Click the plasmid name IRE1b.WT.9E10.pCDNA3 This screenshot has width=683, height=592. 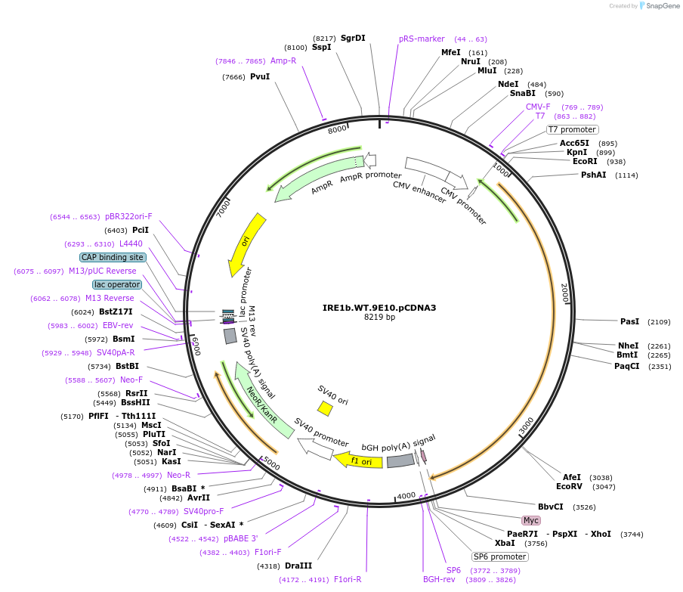tap(379, 308)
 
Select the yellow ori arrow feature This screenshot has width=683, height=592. tap(247, 244)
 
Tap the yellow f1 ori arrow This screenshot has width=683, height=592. tap(359, 460)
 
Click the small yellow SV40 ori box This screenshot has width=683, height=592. tap(325, 408)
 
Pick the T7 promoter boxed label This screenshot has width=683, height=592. tap(572, 129)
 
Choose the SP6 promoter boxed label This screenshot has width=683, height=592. tap(500, 556)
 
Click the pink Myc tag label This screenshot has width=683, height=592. tap(531, 520)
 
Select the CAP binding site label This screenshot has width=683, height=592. tap(112, 257)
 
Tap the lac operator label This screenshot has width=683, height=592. tap(116, 284)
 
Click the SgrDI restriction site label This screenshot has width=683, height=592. tap(353, 38)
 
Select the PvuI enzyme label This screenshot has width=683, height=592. tap(260, 76)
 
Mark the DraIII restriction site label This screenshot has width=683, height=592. tap(298, 566)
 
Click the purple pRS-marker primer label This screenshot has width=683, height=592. tap(422, 39)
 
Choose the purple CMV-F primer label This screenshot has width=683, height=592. tap(538, 107)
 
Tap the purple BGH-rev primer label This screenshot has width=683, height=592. tap(439, 579)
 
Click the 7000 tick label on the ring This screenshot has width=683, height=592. tap(223, 208)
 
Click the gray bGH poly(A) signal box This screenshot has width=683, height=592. tap(400, 460)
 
